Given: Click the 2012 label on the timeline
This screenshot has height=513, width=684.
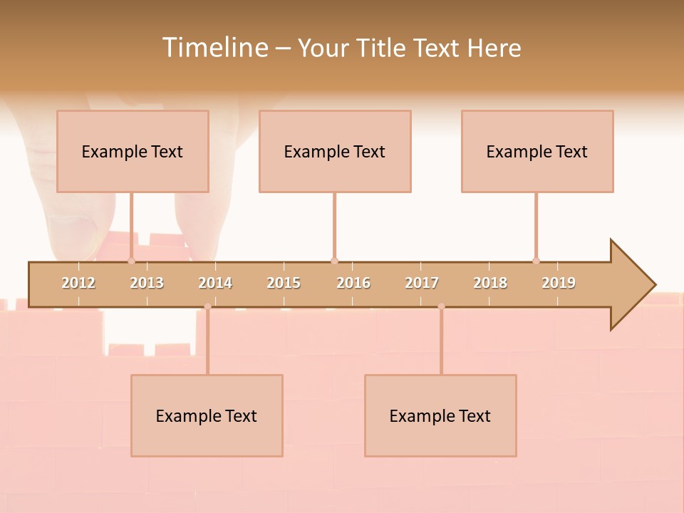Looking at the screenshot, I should (x=78, y=283).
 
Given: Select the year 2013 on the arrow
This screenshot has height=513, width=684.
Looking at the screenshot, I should (x=147, y=283).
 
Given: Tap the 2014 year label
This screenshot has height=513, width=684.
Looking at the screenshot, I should (x=215, y=283).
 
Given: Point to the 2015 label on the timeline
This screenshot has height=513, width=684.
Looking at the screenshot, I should (x=284, y=283).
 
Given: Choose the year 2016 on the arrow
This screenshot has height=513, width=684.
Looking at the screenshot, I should (x=353, y=283).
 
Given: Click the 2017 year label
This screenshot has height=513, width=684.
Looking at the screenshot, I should (x=422, y=283).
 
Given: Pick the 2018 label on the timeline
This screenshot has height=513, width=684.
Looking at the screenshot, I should (x=490, y=283).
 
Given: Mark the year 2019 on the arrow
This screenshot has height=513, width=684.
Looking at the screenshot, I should (x=559, y=283).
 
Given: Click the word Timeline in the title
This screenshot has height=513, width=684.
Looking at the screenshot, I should (x=214, y=48).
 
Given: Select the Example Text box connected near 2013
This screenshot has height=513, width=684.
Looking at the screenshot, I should (x=133, y=151).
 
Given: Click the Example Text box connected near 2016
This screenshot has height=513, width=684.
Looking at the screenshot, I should (x=335, y=151).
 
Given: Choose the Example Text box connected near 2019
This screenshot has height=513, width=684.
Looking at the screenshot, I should (x=537, y=151).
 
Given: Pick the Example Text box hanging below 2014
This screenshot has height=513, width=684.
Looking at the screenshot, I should (x=207, y=415).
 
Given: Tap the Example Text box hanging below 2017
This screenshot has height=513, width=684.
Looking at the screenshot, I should (x=440, y=415).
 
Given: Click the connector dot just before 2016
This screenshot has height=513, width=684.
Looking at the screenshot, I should (x=334, y=261).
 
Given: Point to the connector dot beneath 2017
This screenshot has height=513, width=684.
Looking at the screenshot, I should (x=441, y=306).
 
